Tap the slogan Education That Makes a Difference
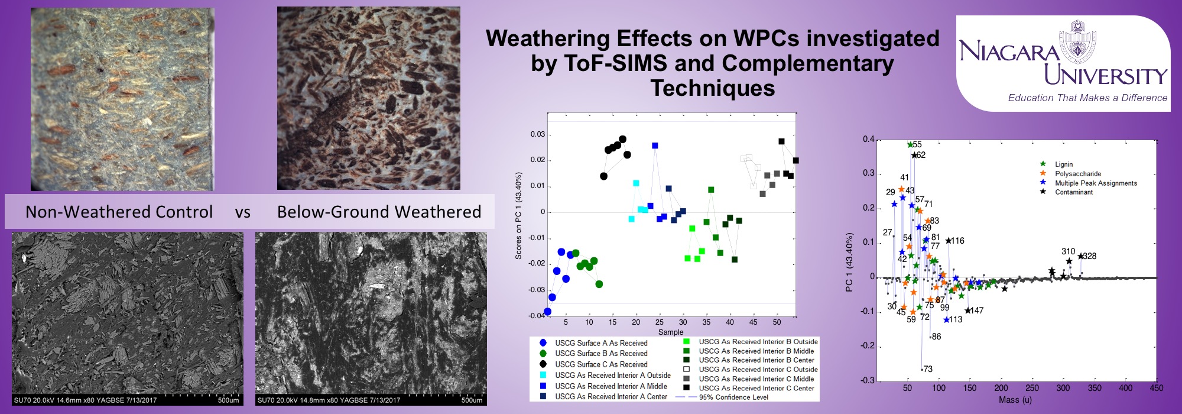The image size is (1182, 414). [x=1087, y=98]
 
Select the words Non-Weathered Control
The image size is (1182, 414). [x=119, y=212]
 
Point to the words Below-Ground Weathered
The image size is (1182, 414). [x=379, y=212]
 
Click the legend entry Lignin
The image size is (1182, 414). [x=1063, y=164]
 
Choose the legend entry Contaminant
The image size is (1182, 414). [x=1073, y=192]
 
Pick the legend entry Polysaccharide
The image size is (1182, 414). [x=1077, y=174]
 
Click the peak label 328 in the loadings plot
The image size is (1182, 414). [x=1090, y=256]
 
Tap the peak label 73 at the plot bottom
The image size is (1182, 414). [x=928, y=369]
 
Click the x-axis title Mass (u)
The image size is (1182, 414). [x=1015, y=400]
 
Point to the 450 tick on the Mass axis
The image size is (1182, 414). [x=1157, y=388]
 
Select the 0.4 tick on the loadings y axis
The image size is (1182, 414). [x=868, y=140]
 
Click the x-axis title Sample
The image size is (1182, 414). [x=671, y=332]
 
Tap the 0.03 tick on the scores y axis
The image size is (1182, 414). [x=537, y=134]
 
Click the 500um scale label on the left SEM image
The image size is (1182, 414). [x=228, y=400]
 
